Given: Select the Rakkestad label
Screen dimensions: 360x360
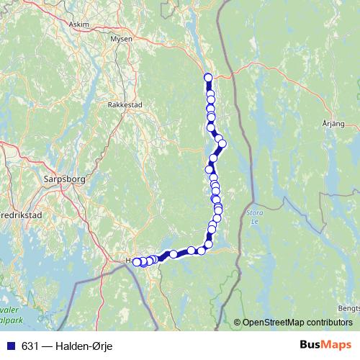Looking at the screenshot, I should click(x=125, y=104).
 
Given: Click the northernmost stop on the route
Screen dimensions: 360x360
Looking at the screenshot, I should click(x=208, y=77).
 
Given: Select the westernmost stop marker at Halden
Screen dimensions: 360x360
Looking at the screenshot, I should click(x=136, y=262).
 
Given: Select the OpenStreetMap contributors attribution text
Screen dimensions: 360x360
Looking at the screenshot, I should click(x=298, y=322).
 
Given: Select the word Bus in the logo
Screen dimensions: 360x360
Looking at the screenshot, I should click(x=310, y=345).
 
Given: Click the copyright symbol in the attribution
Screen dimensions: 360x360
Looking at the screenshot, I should click(x=238, y=322).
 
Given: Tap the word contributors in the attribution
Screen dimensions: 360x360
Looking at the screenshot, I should click(x=328, y=322).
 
